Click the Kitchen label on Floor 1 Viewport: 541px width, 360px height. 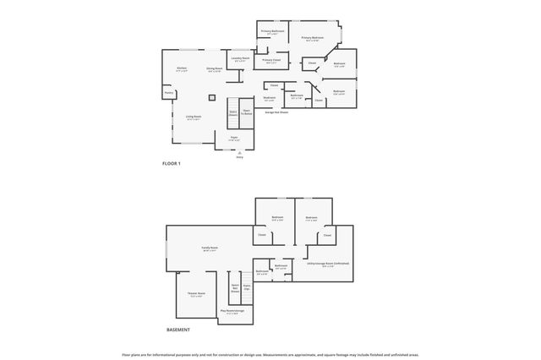(182, 68)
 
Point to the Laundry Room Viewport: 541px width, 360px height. (240, 59)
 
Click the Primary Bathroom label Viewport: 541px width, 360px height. (271, 33)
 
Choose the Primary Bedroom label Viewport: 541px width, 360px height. (313, 38)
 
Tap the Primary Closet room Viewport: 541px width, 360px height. (271, 61)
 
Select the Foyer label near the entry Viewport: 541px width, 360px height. (234, 139)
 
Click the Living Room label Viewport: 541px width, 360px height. (194, 117)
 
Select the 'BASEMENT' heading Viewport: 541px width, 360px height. (178, 330)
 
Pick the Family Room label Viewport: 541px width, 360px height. (209, 248)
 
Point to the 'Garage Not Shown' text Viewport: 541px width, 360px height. (277, 112)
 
